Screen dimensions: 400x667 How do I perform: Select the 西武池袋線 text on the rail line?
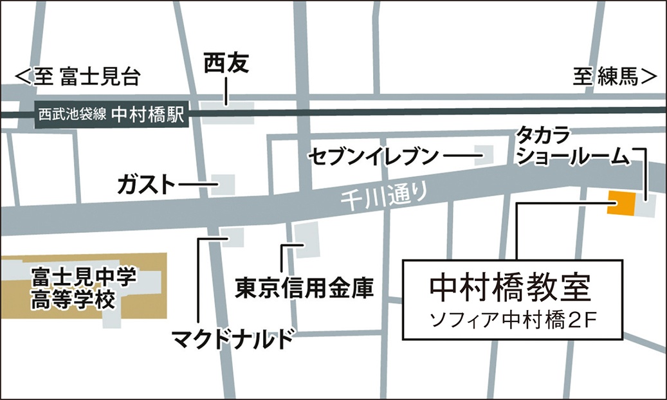coord(71,115)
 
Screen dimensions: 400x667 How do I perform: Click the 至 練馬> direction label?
coord(615,78)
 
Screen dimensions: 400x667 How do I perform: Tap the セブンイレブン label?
coord(373,156)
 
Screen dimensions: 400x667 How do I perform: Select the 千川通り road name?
coord(383,194)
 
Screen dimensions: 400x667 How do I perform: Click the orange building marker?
coord(621,204)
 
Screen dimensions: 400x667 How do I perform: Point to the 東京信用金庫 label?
coord(304,287)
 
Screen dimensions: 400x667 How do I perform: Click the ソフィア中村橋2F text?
coord(513,320)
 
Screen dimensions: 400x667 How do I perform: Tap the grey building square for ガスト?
coord(224,185)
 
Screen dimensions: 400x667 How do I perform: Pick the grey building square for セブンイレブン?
coord(483,154)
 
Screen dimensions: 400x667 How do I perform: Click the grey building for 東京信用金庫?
coord(307,239)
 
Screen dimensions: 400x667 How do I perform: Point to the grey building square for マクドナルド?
coord(232,237)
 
